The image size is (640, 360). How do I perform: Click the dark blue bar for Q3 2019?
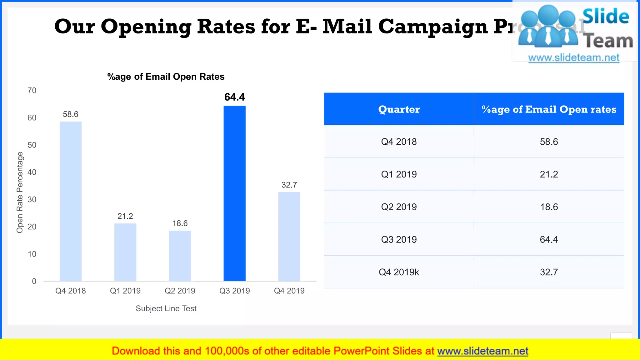234,194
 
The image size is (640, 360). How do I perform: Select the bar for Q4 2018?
71,202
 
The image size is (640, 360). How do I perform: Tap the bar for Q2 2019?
180,256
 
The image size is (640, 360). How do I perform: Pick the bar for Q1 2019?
125,252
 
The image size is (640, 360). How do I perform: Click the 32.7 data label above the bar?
289,185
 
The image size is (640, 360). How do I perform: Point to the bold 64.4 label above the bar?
234,97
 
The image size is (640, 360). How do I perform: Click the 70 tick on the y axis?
32,91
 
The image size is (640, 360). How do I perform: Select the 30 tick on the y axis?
32,200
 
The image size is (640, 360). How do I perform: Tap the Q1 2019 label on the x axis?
125,291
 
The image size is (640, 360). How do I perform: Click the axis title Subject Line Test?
166,309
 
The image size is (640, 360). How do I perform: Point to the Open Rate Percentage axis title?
20,192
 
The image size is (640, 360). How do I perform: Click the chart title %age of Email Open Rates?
166,77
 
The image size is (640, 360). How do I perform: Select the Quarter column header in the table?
399,109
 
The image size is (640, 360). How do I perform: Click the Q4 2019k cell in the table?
399,272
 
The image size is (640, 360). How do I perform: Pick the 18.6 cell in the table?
549,207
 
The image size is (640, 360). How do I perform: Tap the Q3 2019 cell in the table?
399,240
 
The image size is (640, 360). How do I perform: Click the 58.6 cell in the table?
549,142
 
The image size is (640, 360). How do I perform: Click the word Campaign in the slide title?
433,27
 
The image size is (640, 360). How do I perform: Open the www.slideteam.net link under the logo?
573,58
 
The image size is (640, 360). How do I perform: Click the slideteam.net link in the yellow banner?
482,351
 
